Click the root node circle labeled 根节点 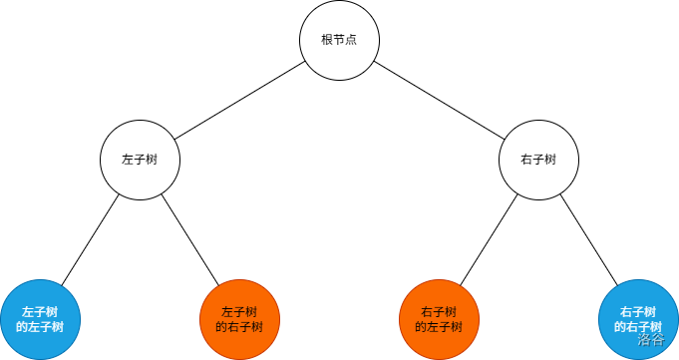[339, 40]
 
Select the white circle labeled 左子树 [140, 160]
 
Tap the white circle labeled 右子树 [538, 160]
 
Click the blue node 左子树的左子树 [40, 319]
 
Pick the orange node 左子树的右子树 [239, 319]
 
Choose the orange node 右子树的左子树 [439, 319]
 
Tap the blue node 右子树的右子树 [638, 319]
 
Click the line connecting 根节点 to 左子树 [239, 100]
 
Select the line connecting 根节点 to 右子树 [439, 100]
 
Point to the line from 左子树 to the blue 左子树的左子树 [90, 239]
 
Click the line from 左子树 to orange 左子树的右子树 [189, 239]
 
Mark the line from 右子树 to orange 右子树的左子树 [489, 239]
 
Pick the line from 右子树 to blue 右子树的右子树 [588, 239]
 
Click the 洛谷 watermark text [651, 339]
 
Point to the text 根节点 [339, 40]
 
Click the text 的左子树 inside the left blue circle [40, 327]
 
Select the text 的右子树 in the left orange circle [239, 327]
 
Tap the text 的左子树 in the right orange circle [439, 327]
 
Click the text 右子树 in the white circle [538, 160]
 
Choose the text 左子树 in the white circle [140, 160]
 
